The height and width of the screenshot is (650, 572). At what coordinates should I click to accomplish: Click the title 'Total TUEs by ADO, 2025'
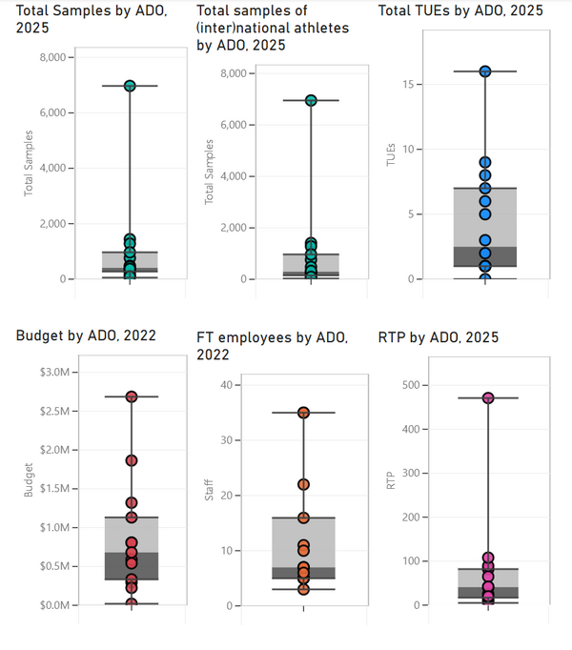(460, 10)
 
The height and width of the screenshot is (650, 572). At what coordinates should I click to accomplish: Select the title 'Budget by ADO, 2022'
(86, 335)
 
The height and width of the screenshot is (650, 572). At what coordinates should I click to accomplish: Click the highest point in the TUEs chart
(484, 71)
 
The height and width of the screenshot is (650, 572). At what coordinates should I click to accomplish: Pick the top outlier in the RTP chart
(488, 398)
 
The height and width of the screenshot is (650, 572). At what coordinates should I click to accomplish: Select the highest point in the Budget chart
(132, 396)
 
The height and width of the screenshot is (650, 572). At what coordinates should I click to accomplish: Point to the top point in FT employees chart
(303, 413)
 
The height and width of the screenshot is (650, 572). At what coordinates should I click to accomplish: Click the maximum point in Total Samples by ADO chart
(130, 86)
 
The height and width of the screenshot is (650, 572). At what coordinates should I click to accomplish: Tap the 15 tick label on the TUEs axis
(408, 85)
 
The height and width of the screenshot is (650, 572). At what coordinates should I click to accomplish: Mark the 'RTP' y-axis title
(390, 483)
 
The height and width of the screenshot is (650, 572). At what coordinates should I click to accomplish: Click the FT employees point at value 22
(303, 484)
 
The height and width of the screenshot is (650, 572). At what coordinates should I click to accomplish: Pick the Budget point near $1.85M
(132, 460)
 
